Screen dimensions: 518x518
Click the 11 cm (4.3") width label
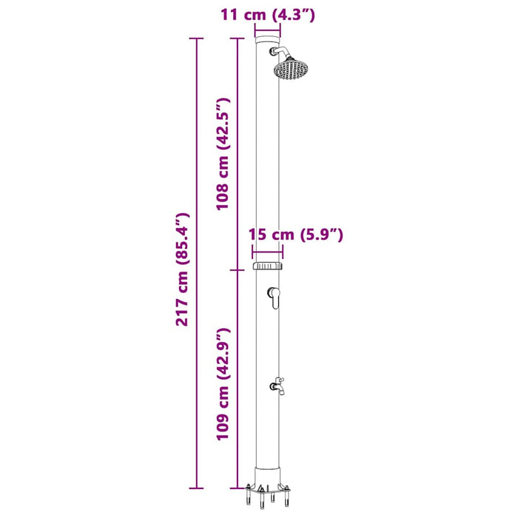pos(268,13)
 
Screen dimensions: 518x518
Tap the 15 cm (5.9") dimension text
pos(296,235)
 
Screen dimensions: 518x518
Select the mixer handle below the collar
pos(274,297)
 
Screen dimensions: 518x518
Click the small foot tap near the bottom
pos(278,384)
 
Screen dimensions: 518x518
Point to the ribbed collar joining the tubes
pos(268,266)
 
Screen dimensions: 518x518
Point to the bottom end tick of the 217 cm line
pos(195,488)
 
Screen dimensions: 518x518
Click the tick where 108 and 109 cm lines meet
pos(237,269)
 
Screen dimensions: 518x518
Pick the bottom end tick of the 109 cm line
pos(237,488)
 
